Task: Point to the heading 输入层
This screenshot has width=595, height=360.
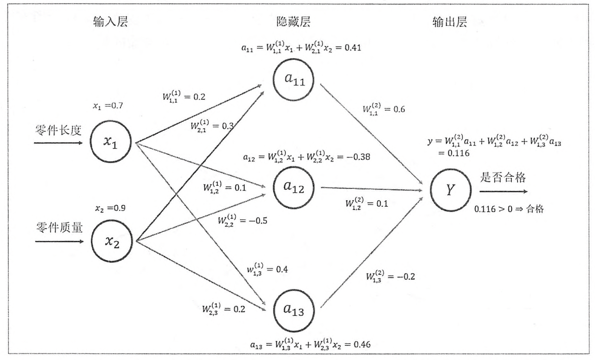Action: (110, 21)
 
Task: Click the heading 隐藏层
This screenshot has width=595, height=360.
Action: (293, 21)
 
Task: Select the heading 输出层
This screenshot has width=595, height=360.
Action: (450, 22)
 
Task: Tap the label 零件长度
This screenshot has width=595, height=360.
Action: (58, 130)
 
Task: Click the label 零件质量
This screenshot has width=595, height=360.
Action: (60, 228)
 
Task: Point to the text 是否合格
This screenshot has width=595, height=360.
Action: (503, 177)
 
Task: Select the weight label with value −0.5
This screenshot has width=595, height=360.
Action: (243, 221)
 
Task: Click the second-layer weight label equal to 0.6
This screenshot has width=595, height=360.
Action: (384, 109)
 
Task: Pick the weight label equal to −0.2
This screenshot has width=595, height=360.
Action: (390, 276)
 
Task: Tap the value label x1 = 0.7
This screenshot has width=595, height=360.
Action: (108, 106)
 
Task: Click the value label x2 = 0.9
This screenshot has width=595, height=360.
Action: (110, 208)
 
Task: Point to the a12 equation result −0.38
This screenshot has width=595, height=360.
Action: (358, 157)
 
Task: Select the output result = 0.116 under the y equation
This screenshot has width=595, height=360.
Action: (454, 153)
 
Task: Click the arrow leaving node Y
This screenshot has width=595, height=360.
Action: (503, 191)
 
